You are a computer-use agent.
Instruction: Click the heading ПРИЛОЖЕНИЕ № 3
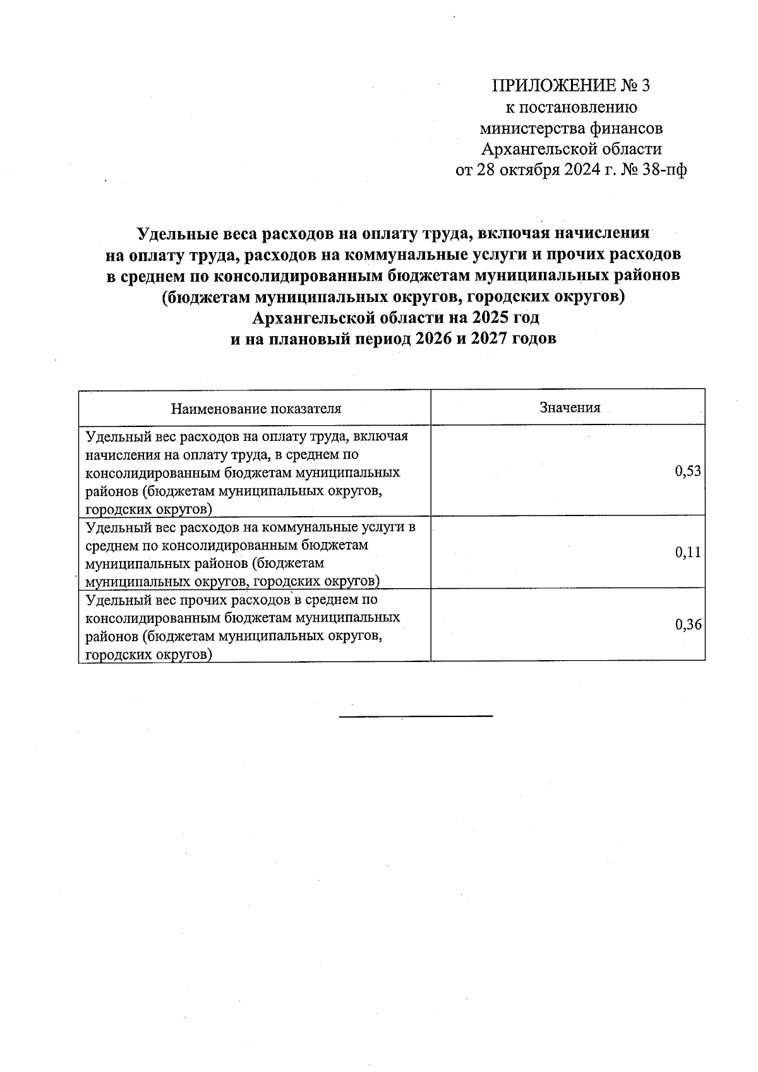570,85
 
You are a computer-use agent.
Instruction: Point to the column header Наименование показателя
256,408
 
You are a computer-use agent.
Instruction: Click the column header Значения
570,407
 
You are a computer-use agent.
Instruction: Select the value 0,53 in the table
688,471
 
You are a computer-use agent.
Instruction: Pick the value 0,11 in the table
688,553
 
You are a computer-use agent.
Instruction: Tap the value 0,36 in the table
688,625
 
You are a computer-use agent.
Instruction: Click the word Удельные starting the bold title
178,233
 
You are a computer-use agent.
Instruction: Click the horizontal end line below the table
416,716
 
